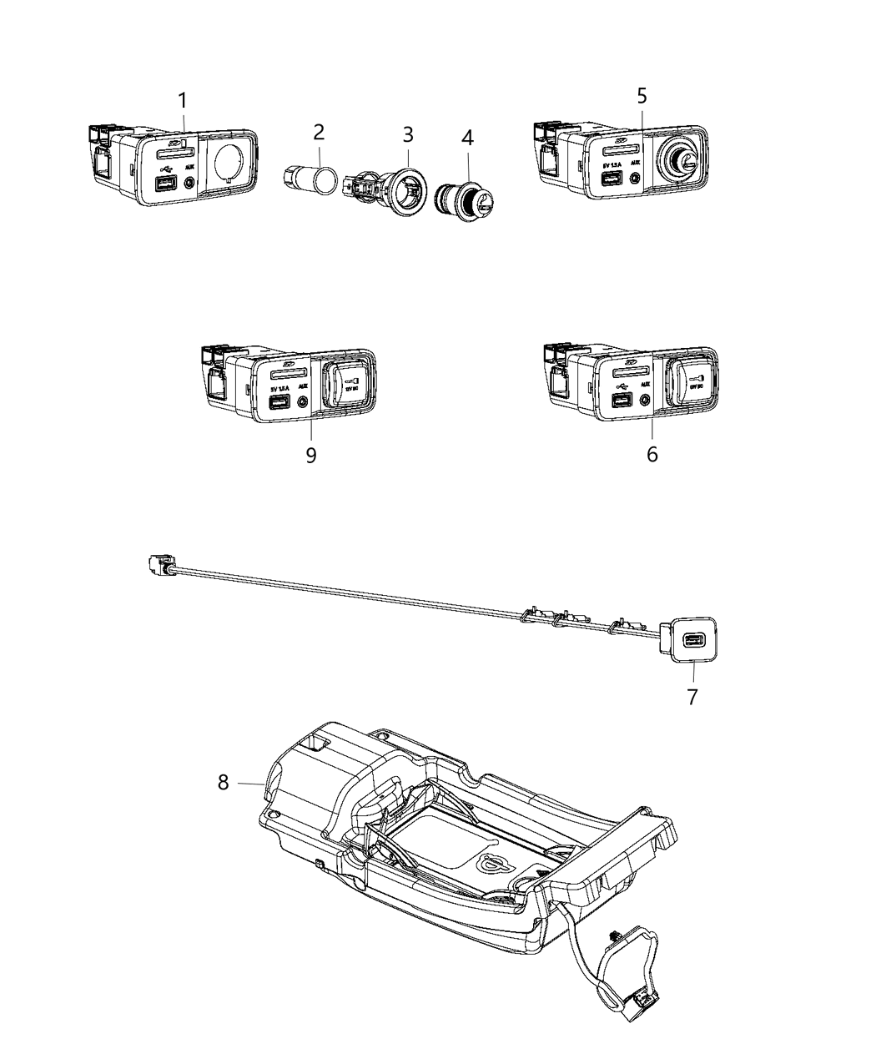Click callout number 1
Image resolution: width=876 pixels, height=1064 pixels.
coord(182,101)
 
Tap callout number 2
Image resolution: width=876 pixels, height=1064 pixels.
coord(318,132)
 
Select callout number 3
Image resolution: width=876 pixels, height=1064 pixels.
coord(407,134)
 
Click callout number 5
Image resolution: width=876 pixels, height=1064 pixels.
coord(642,95)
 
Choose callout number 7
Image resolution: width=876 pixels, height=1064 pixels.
coord(692,696)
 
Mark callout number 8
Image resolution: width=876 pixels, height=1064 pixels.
coord(223,783)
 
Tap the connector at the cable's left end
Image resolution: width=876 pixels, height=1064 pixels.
coord(158,567)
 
